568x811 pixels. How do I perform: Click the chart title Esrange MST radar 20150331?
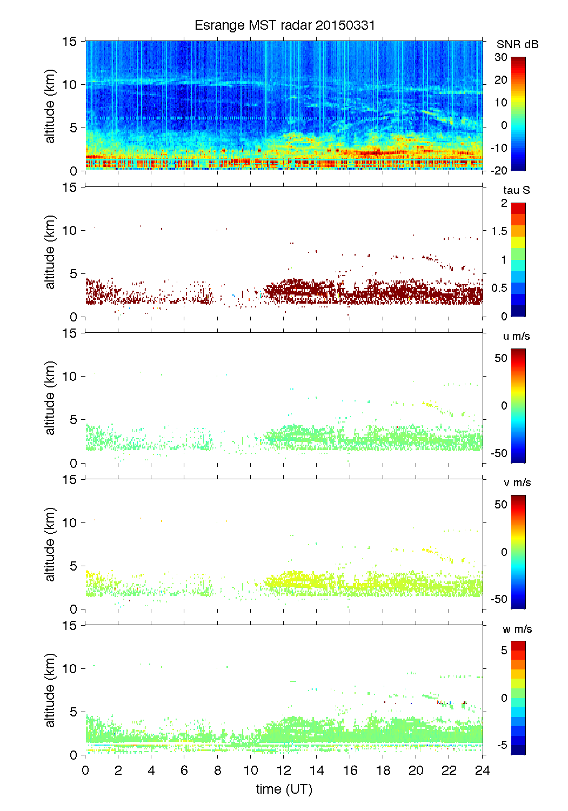pos(284,25)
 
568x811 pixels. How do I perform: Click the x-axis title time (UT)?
pos(284,789)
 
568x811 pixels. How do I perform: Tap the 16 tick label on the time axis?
pos(350,770)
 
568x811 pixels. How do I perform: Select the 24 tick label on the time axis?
pos(482,770)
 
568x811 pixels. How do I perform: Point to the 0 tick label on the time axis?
pos(85,770)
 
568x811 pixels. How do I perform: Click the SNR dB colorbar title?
pos(517,44)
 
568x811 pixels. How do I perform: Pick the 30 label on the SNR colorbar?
pos(501,57)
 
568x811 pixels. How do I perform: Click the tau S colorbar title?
pos(516,190)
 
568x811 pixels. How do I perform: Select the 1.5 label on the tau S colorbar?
pos(499,231)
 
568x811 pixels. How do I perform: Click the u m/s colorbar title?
pos(516,336)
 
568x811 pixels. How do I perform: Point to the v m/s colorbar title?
pos(517,482)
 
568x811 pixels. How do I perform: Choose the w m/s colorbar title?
pos(517,629)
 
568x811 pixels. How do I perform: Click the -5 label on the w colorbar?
pos(502,745)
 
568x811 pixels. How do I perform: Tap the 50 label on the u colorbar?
pos(501,358)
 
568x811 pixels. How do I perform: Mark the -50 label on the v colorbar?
pos(499,599)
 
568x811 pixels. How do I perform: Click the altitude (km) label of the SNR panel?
pos(50,106)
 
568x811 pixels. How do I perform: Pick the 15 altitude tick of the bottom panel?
pos(70,625)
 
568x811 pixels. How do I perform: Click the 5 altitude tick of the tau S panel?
pos(74,274)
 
